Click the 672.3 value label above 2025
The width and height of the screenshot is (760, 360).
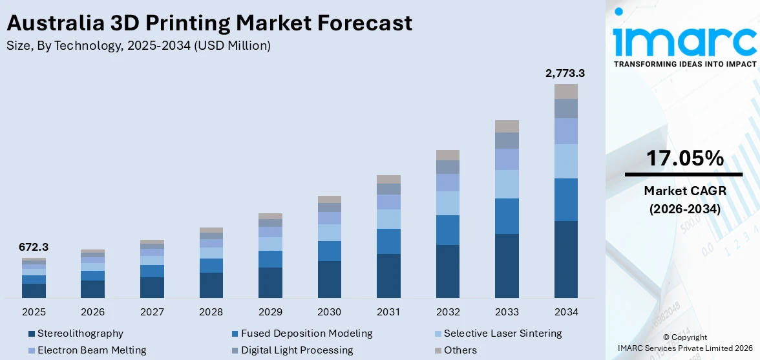click(x=34, y=247)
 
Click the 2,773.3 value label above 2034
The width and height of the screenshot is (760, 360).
click(x=565, y=74)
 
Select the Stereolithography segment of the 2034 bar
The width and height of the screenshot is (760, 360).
click(x=565, y=259)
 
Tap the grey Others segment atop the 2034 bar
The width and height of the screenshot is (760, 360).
click(x=565, y=91)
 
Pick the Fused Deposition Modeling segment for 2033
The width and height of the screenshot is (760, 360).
click(x=507, y=216)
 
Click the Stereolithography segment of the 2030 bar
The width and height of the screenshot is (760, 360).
click(x=329, y=279)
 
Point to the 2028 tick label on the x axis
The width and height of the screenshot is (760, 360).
click(x=211, y=312)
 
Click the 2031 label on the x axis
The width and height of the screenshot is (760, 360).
click(x=388, y=312)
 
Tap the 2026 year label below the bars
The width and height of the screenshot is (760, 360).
click(x=92, y=312)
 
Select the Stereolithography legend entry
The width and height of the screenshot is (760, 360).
click(x=79, y=334)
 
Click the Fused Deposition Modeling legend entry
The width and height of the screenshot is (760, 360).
click(x=306, y=334)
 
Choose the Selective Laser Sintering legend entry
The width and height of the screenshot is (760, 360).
click(x=503, y=334)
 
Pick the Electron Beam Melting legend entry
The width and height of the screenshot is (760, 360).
click(x=91, y=350)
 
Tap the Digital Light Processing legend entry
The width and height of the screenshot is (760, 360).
click(x=297, y=350)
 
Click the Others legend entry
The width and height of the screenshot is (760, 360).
click(x=460, y=350)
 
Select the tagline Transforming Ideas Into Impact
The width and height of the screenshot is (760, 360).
click(x=684, y=64)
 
